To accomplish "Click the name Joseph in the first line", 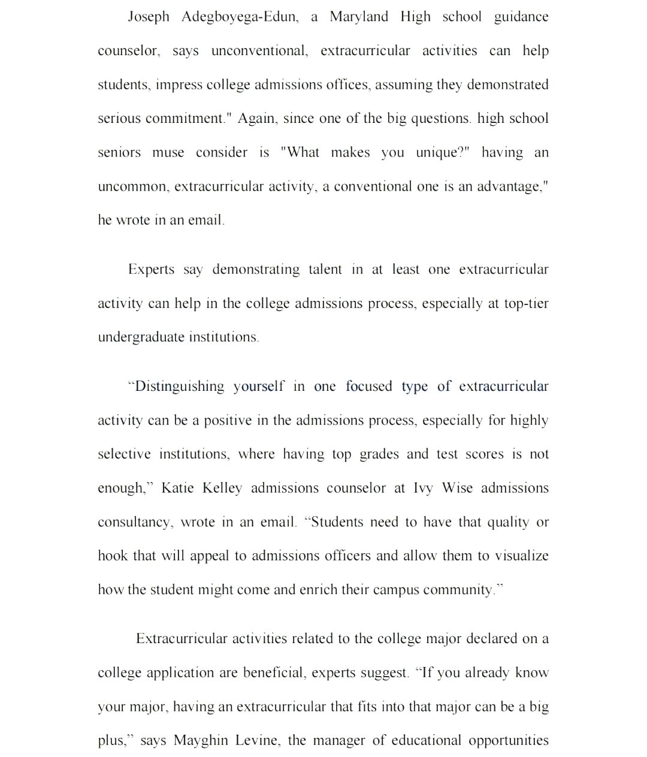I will (x=149, y=17).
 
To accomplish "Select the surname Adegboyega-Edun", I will (x=239, y=17).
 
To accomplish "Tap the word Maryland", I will (x=359, y=17).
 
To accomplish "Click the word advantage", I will (x=512, y=187).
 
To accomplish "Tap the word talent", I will (x=325, y=270).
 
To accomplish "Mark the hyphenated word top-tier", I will (x=526, y=304).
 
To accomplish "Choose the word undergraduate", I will (x=141, y=337).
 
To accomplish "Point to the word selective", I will (x=124, y=454).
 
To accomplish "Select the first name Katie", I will (x=177, y=488).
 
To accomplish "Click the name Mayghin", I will (x=200, y=741).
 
